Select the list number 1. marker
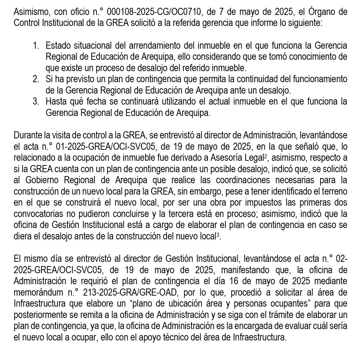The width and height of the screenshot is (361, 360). [36, 46]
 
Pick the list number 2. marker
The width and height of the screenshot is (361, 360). [36, 79]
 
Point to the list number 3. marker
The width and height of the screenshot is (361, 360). [36, 101]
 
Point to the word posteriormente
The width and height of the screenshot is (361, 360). [38, 315]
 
